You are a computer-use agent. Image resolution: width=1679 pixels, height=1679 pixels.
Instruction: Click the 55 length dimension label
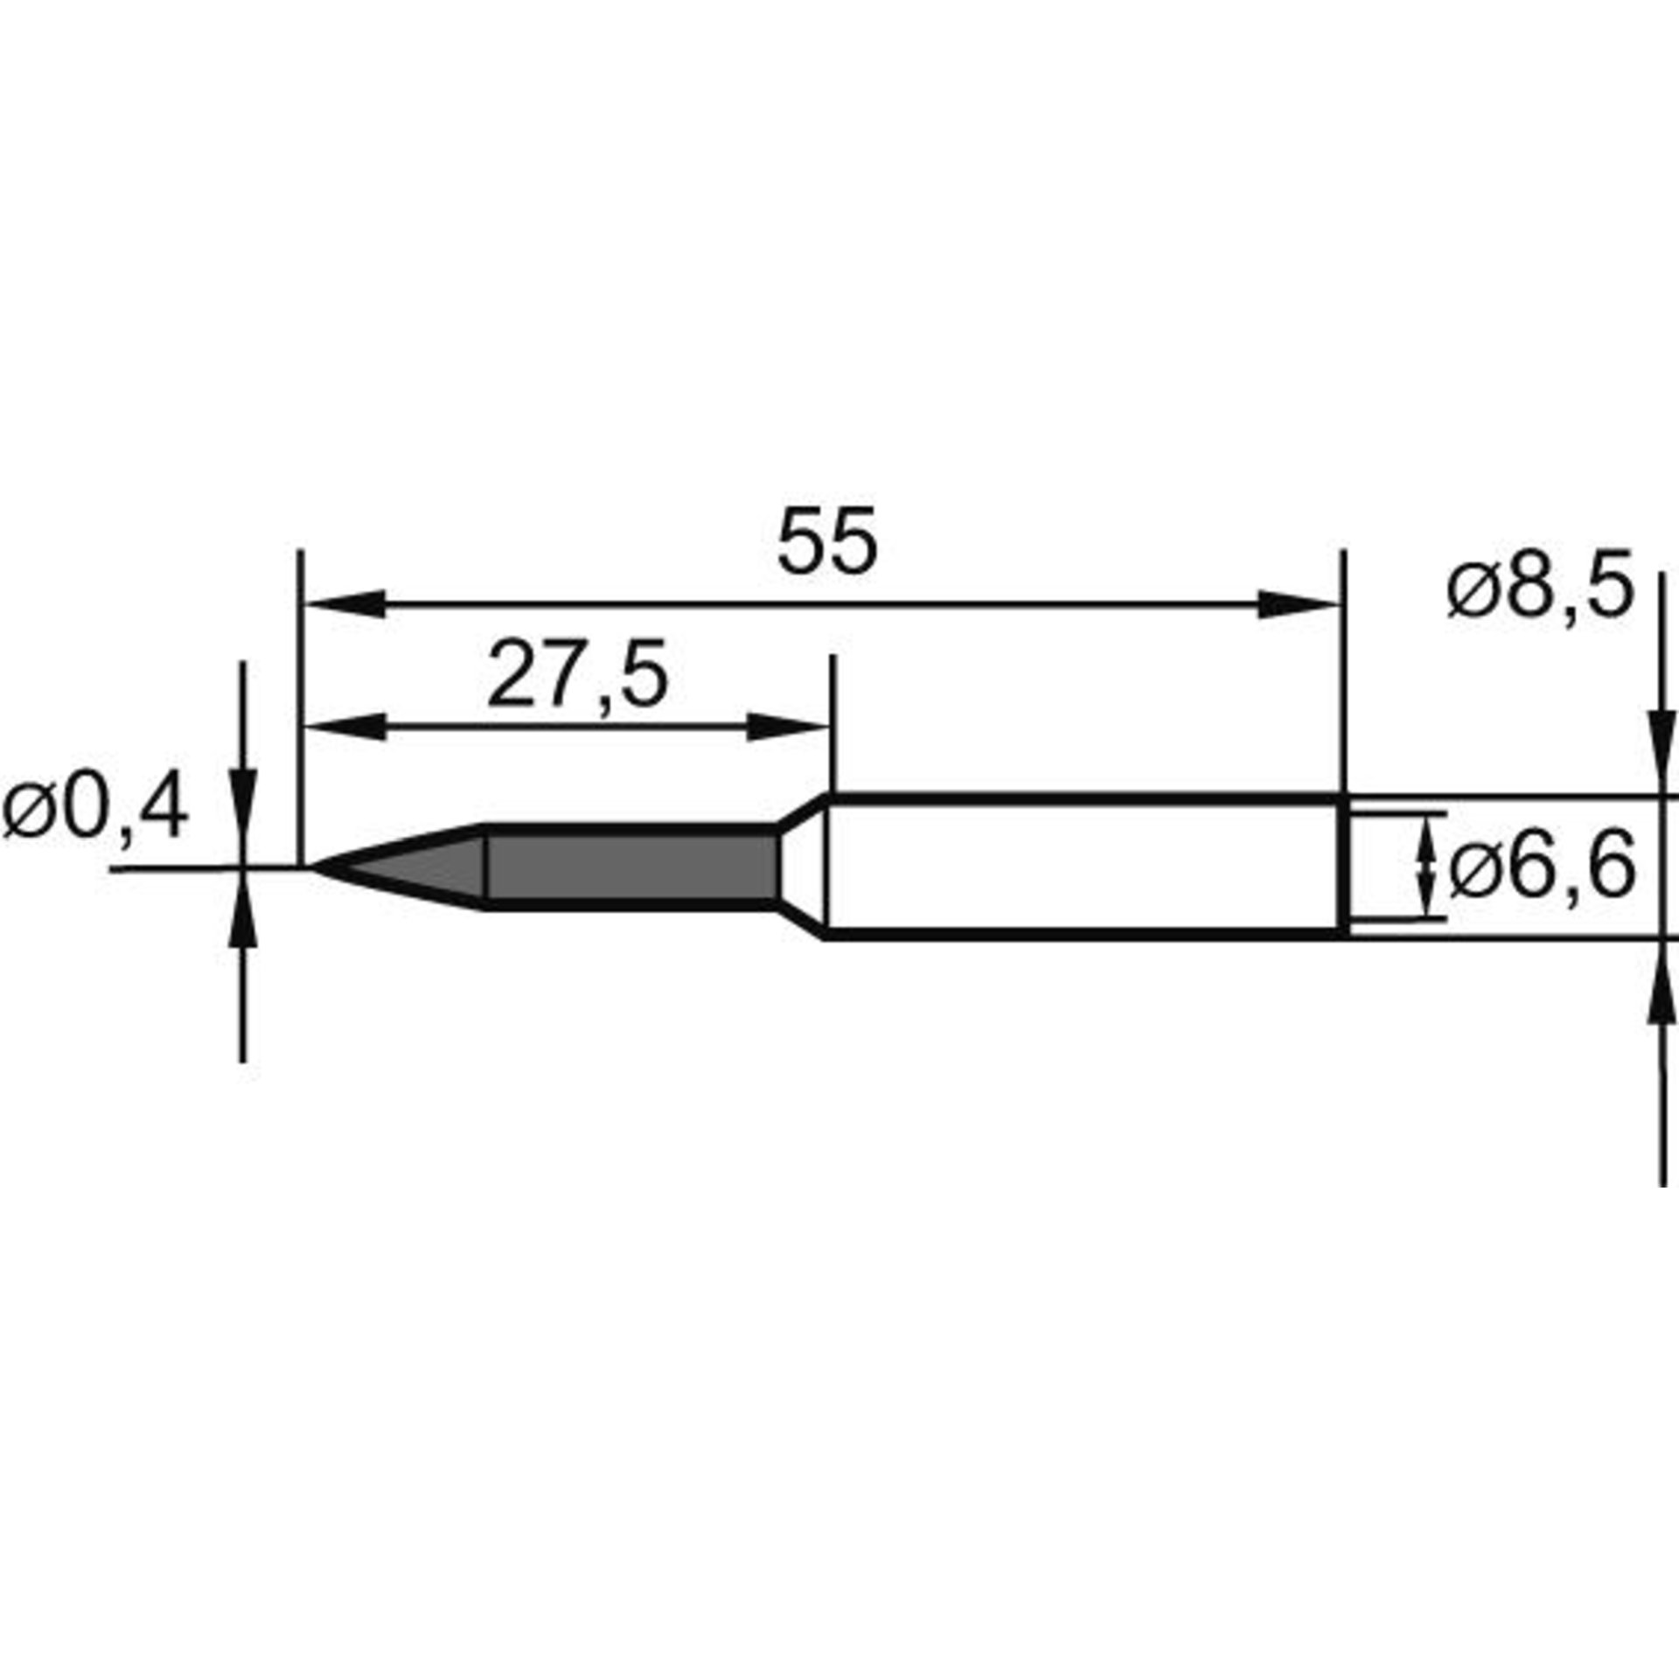click(x=826, y=541)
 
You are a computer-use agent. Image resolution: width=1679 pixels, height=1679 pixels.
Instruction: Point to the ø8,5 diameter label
click(x=1541, y=587)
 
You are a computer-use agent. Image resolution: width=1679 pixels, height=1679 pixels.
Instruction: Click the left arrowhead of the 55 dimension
click(x=343, y=603)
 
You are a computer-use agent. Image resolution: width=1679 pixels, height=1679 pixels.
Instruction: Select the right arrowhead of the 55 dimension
click(x=1299, y=603)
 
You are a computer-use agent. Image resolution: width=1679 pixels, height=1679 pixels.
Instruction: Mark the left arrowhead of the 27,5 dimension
click(x=343, y=727)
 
